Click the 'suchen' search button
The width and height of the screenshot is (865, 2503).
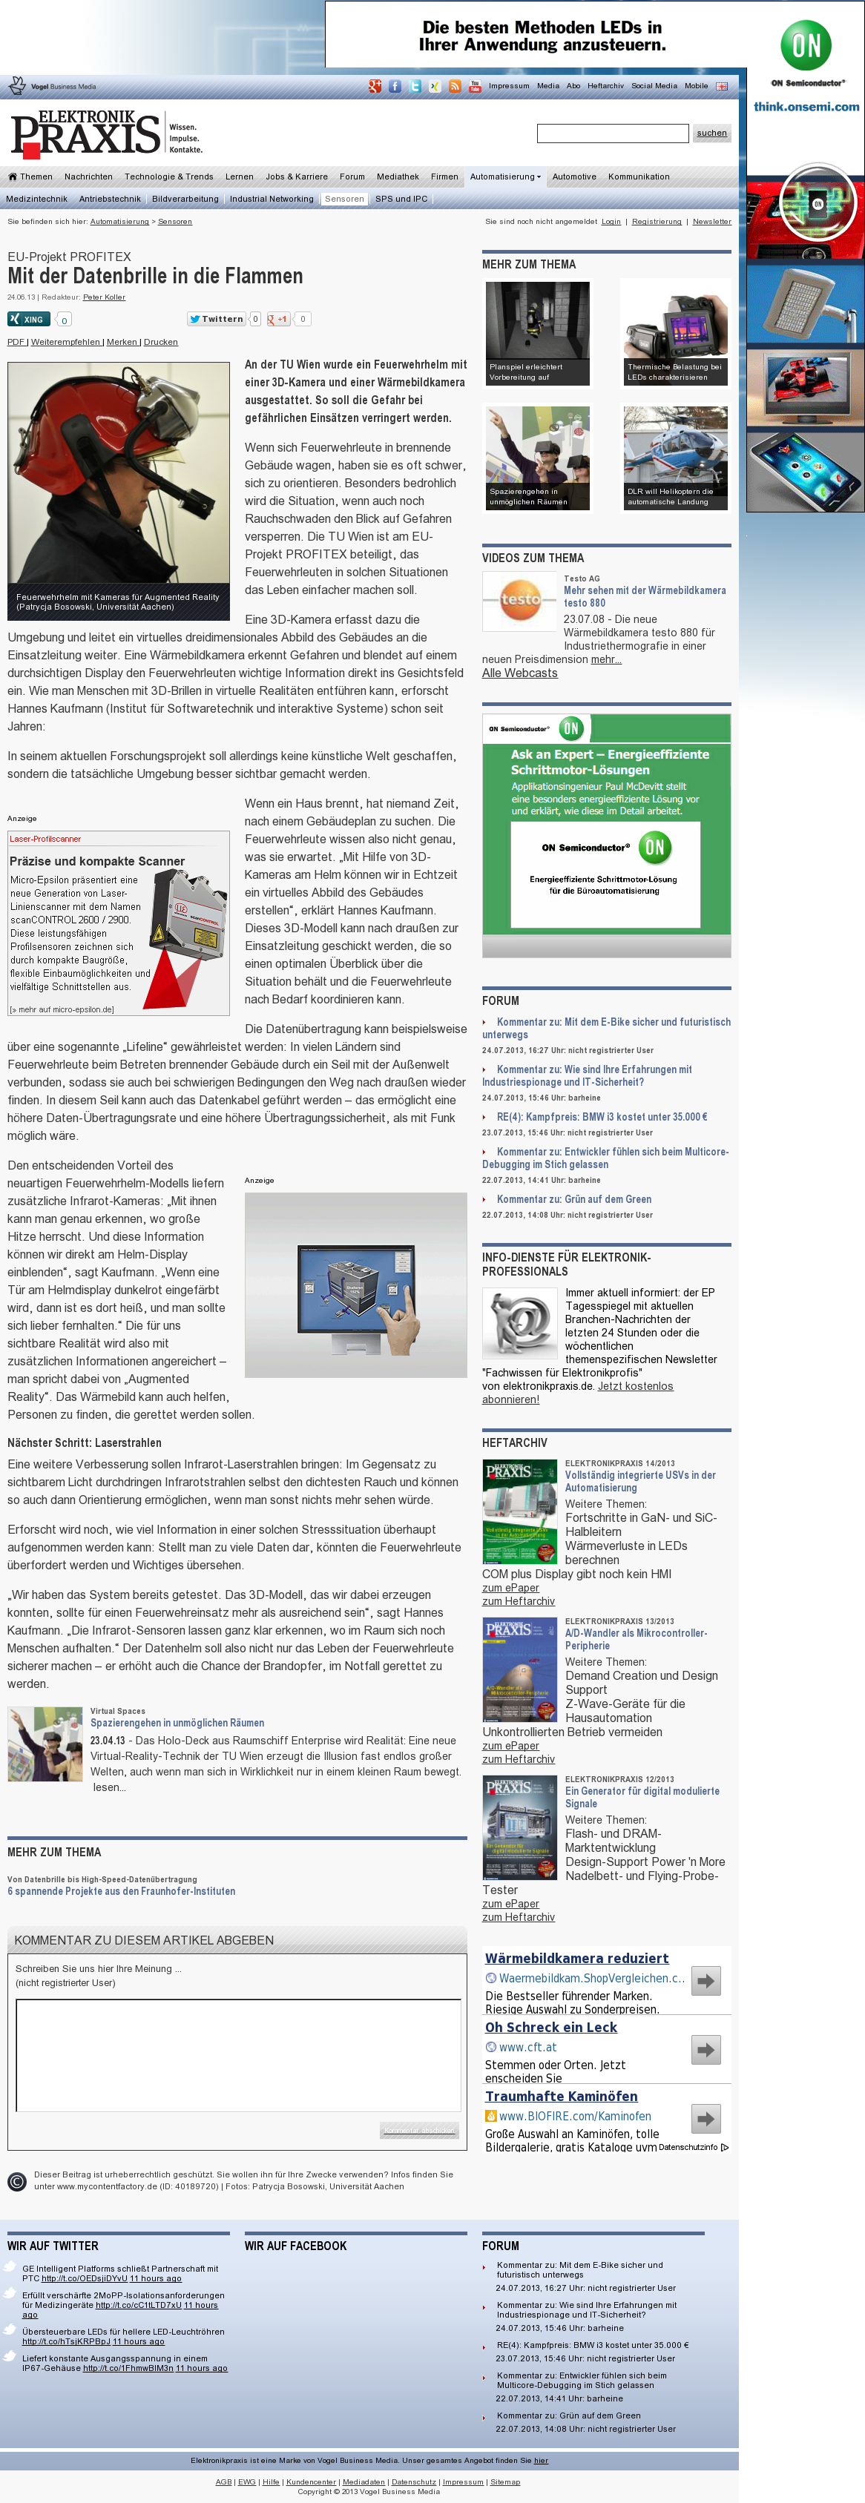point(711,133)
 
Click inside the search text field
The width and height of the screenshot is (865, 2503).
point(612,133)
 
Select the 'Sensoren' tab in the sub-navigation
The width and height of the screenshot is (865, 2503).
point(344,199)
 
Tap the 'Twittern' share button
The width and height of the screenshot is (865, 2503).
point(216,319)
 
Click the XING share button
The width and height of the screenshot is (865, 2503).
point(28,319)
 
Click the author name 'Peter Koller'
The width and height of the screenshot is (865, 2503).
point(104,297)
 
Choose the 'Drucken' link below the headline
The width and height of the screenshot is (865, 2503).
point(160,342)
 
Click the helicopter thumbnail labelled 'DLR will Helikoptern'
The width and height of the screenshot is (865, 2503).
point(674,457)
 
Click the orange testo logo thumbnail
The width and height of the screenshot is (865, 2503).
point(519,601)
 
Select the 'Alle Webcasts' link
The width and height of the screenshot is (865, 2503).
point(519,673)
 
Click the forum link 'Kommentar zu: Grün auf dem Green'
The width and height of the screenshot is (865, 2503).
point(573,1199)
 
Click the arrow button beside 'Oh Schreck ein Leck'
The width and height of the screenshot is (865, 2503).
point(706,2049)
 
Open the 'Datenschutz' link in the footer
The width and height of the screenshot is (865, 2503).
point(413,2481)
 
